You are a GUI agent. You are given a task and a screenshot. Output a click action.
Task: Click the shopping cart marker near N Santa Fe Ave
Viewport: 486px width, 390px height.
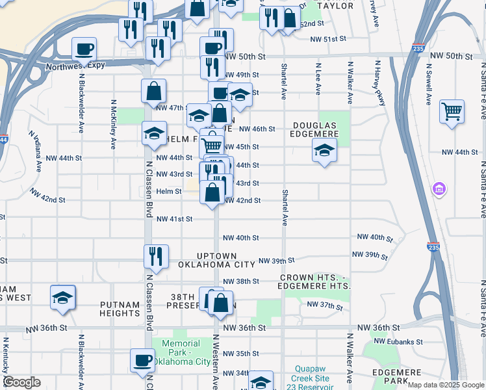[452, 111]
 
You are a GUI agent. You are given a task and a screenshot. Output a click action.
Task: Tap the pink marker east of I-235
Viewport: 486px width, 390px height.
[440, 189]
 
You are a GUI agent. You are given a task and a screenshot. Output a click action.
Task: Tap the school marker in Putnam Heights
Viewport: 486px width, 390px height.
[63, 298]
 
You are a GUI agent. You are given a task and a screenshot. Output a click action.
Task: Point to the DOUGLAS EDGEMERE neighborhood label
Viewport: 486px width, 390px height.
[315, 129]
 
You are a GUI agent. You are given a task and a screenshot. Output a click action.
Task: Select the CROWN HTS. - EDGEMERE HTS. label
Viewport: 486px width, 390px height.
[315, 282]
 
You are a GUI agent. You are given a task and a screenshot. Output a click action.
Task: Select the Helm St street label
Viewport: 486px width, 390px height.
[168, 191]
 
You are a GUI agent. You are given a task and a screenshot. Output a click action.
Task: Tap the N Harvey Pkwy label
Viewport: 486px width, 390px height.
[376, 83]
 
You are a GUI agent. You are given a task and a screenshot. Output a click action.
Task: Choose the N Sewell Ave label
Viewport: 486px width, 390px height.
[429, 83]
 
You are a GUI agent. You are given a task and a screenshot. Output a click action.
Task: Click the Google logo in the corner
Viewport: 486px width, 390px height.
[21, 382]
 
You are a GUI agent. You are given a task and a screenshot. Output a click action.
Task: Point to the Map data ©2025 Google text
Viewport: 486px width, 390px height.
[445, 385]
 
